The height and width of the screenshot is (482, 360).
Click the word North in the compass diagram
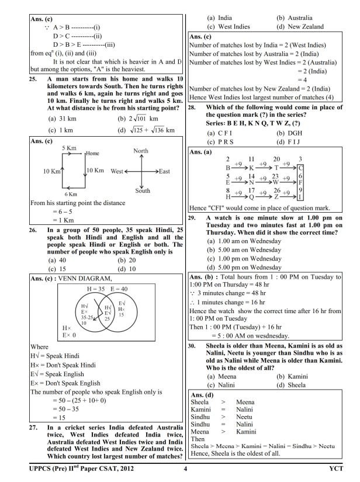click(x=141, y=151)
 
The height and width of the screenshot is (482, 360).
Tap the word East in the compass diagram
click(x=164, y=171)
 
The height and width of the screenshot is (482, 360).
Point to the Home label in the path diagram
click(x=94, y=153)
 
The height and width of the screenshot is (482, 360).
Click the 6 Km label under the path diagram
click(x=71, y=193)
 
